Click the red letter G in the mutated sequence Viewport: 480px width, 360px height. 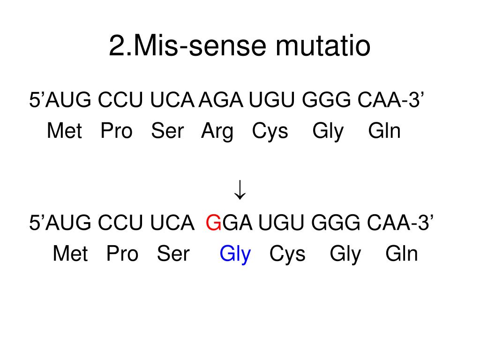tap(213, 223)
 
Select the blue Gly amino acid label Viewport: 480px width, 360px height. tap(235, 255)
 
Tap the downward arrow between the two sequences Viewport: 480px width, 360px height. tap(240, 190)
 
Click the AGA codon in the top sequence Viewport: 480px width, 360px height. tap(221, 100)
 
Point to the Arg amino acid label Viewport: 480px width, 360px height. tap(217, 132)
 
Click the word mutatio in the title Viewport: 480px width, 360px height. tap(323, 45)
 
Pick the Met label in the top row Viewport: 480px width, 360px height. tap(65, 131)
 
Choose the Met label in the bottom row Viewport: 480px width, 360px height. tap(70, 254)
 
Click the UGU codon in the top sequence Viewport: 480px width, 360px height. tap(272, 100)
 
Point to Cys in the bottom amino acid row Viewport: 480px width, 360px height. tap(287, 255)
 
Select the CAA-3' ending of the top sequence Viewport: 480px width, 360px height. tap(391, 100)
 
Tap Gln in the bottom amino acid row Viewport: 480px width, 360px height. tap(402, 254)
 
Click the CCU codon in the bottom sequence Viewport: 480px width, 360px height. tap(120, 223)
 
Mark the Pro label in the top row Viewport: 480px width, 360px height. tap(117, 131)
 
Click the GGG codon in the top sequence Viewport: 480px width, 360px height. tap(326, 100)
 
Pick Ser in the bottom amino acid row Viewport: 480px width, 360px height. tap(173, 254)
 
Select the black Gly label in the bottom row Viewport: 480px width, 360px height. tap(345, 255)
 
